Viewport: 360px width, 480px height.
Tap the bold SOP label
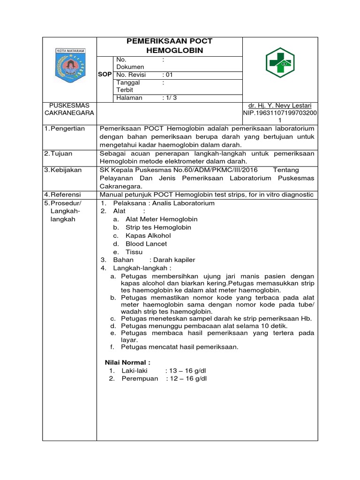pyautogui.click(x=105, y=75)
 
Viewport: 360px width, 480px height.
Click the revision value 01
pyautogui.click(x=167, y=75)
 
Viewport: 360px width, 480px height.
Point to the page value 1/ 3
pyautogui.click(x=169, y=98)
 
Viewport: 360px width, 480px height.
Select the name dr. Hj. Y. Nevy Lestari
pyautogui.click(x=280, y=105)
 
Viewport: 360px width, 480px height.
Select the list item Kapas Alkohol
pyautogui.click(x=148, y=236)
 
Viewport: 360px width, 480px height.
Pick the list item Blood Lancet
pyautogui.click(x=146, y=244)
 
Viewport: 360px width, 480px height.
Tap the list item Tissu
pyautogui.click(x=134, y=252)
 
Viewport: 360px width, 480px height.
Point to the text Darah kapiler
pyautogui.click(x=172, y=260)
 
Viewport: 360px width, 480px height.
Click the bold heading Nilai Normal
pyautogui.click(x=127, y=362)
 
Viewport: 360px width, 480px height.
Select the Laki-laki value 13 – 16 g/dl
pyautogui.click(x=186, y=371)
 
